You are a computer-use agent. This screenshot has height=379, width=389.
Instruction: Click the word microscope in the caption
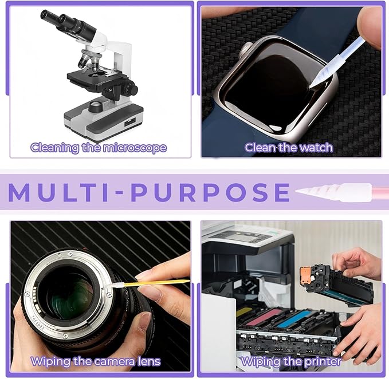click(x=135, y=148)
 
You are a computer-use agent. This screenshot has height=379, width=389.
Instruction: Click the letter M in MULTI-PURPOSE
click(x=19, y=192)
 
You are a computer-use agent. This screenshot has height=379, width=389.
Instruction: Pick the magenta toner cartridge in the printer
click(x=264, y=317)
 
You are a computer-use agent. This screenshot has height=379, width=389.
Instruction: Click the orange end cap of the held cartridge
click(x=307, y=277)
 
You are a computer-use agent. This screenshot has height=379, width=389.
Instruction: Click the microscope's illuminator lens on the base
click(x=96, y=106)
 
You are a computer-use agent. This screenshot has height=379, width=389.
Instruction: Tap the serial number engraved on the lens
click(x=37, y=323)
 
